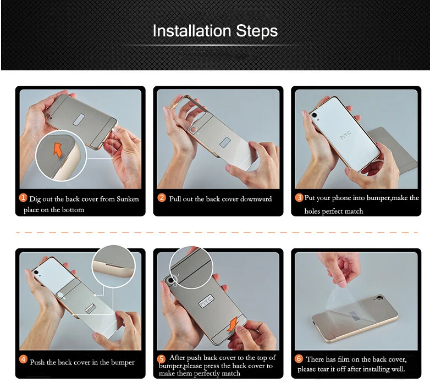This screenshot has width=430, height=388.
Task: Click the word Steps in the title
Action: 257,30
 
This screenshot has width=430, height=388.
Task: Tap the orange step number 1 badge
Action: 23,197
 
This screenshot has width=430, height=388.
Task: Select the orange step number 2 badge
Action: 162,197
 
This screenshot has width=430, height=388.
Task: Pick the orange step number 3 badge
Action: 299,197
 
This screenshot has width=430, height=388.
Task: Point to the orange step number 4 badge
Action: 23,359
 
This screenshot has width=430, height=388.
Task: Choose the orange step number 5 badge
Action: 162,359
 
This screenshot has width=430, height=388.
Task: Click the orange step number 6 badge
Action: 299,358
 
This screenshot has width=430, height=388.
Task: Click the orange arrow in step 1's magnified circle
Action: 58,149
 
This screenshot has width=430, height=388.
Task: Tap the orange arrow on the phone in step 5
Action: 233,323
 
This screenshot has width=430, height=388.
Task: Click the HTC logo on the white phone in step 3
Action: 345,135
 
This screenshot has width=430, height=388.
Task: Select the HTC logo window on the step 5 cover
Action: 206,301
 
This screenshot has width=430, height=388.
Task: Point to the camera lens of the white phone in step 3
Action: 314,115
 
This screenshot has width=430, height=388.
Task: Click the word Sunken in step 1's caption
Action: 128,199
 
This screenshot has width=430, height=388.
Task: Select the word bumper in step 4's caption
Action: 122,363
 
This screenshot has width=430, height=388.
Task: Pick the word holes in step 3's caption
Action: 312,211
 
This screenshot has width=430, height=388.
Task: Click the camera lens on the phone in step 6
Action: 380,297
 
